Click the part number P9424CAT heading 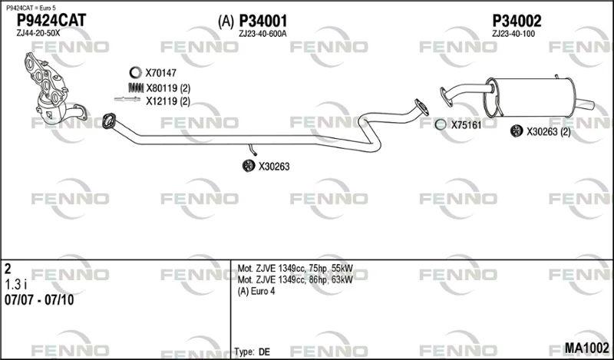[51, 21]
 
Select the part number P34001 [263, 21]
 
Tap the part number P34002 [517, 21]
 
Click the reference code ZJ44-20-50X [38, 33]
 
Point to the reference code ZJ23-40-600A [262, 34]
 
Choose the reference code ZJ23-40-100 [513, 34]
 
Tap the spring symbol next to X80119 [135, 88]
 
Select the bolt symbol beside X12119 [127, 100]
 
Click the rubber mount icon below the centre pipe [249, 166]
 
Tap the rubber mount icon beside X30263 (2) [517, 130]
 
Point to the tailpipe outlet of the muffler [586, 104]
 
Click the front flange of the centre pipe [109, 121]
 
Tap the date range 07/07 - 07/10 [39, 300]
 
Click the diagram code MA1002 [586, 348]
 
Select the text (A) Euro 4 [256, 291]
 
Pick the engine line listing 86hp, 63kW [295, 279]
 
